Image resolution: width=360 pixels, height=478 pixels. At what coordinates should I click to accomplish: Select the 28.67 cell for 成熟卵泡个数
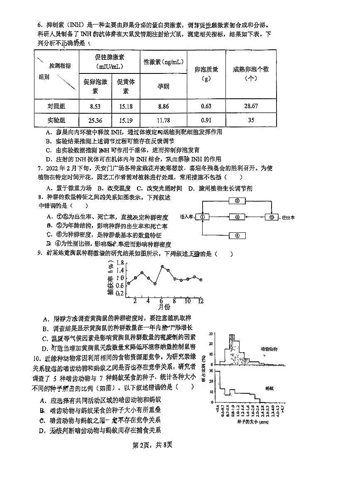[x=251, y=106]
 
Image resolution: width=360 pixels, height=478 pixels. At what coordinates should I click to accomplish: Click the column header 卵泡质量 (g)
[x=206, y=73]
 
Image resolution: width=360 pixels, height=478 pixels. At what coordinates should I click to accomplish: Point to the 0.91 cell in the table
[x=206, y=121]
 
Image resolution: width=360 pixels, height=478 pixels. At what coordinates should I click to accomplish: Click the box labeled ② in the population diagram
[x=237, y=201]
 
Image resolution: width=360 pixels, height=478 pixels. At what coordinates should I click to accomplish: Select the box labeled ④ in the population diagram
[x=237, y=235]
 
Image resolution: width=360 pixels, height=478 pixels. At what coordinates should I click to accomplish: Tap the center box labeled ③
[x=237, y=217]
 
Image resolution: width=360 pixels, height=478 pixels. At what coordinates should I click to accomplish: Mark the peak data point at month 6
[x=162, y=267]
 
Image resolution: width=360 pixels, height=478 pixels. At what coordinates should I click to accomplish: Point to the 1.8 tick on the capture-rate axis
[x=120, y=263]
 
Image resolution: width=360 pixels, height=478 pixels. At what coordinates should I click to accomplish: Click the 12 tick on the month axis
[x=200, y=300]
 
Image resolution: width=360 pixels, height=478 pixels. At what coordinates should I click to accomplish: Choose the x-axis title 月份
[x=164, y=307]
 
